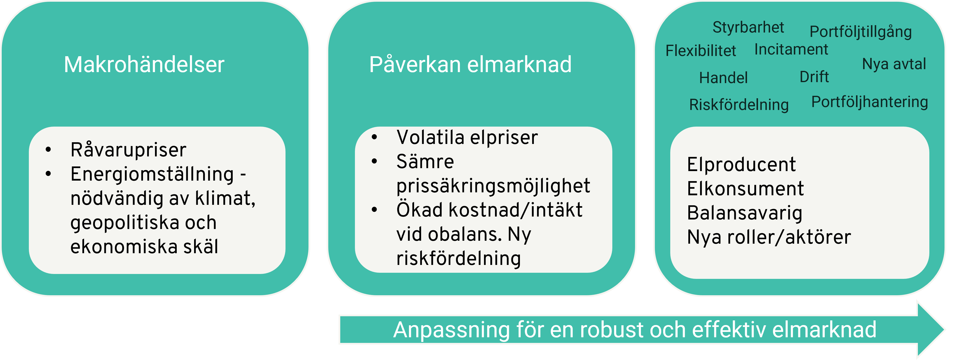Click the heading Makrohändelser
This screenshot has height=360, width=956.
[144, 65]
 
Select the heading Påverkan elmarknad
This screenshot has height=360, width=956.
[470, 65]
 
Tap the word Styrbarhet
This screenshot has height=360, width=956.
[748, 27]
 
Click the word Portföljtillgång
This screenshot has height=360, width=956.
[861, 32]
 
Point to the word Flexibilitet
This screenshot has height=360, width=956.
[701, 51]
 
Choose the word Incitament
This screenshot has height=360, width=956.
[791, 49]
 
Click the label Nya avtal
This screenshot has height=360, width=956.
[894, 64]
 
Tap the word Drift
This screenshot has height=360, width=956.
[814, 77]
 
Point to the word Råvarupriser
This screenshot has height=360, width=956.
[128, 150]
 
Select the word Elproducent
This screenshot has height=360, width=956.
[741, 164]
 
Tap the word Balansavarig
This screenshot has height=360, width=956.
[745, 213]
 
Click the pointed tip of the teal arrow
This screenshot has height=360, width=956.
[944, 329]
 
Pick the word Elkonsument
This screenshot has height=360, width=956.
[746, 188]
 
